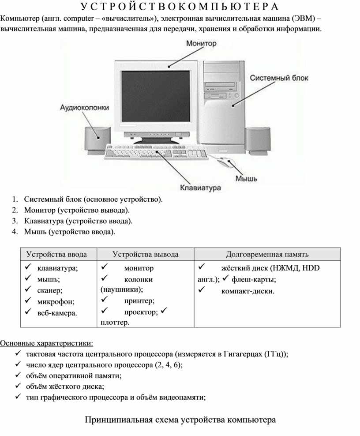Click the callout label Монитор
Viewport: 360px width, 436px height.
[x=201, y=43]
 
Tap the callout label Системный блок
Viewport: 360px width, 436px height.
[x=279, y=78]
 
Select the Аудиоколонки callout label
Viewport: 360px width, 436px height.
[x=85, y=108]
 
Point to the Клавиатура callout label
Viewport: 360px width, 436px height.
[x=200, y=188]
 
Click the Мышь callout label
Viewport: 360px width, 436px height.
[x=246, y=179]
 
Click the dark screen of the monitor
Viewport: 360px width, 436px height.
[x=156, y=96]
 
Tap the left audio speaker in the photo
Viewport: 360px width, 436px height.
[x=97, y=141]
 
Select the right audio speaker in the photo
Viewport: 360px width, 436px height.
[x=258, y=141]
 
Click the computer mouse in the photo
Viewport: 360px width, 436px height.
[x=225, y=162]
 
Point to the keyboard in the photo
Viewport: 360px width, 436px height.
[x=156, y=152]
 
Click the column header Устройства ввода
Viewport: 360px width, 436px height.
[x=57, y=254]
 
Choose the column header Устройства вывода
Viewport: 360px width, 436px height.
[x=146, y=254]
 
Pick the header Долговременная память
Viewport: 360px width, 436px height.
[x=267, y=254]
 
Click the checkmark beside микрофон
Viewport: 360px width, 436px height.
[x=28, y=301]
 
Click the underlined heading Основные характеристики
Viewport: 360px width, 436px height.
[x=46, y=343]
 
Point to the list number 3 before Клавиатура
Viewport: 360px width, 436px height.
[x=14, y=221]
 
